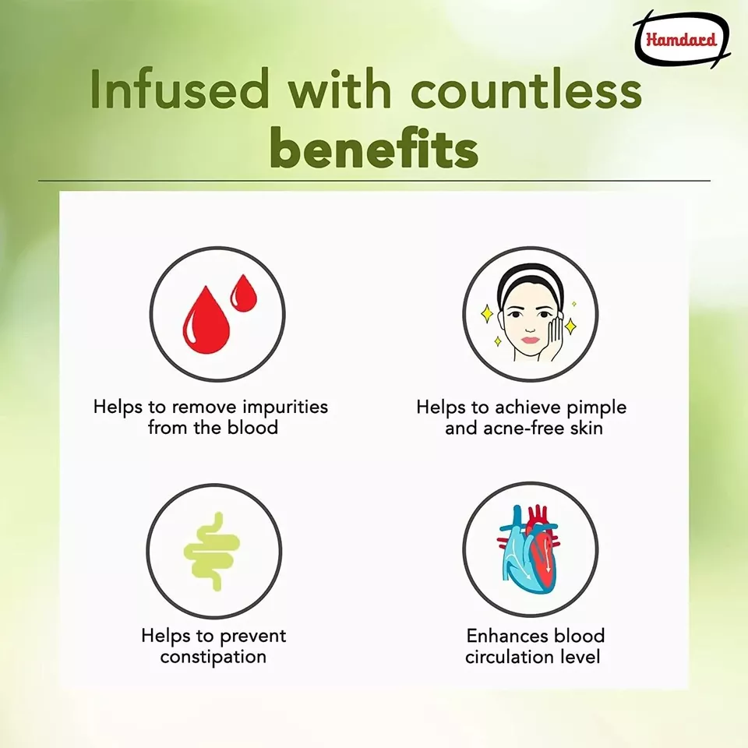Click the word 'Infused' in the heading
tap(180, 90)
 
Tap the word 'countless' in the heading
tap(526, 90)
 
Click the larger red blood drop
tap(206, 320)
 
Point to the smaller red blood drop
tap(244, 293)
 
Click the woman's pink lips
tap(530, 340)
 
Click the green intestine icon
tap(212, 552)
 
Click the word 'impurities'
tap(285, 408)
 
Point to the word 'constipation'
tap(213, 658)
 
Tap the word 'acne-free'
tap(524, 428)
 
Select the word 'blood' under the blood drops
tap(252, 427)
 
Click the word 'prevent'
tap(252, 637)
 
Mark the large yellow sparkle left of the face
tap(486, 313)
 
